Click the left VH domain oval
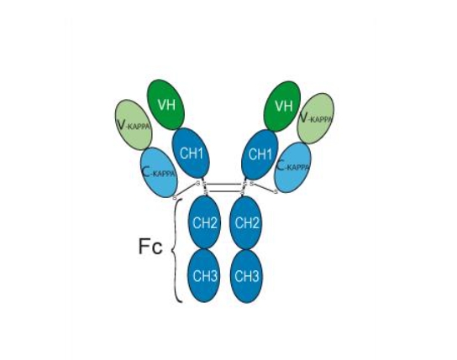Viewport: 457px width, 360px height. point(166,105)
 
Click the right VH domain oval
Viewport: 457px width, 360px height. point(282,107)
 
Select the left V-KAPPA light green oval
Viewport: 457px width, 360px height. point(134,125)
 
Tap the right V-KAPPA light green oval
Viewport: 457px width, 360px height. point(316,118)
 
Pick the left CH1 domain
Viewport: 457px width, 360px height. point(191,153)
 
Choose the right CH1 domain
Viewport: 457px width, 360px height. point(260,154)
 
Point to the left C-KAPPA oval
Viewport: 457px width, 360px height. point(159,172)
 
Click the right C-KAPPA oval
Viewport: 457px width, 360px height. point(293,167)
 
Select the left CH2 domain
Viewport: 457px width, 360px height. point(204,222)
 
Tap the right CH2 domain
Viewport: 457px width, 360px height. point(246,223)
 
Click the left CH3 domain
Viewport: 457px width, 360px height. point(204,276)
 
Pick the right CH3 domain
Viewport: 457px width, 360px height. point(246,276)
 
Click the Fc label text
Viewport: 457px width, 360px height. point(150,246)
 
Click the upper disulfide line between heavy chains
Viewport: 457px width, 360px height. point(224,184)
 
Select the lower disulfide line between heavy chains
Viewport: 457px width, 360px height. point(224,191)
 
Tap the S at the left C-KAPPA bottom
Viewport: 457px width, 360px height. point(175,197)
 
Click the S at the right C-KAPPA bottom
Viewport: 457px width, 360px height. point(276,191)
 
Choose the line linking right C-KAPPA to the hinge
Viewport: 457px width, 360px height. point(264,188)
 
